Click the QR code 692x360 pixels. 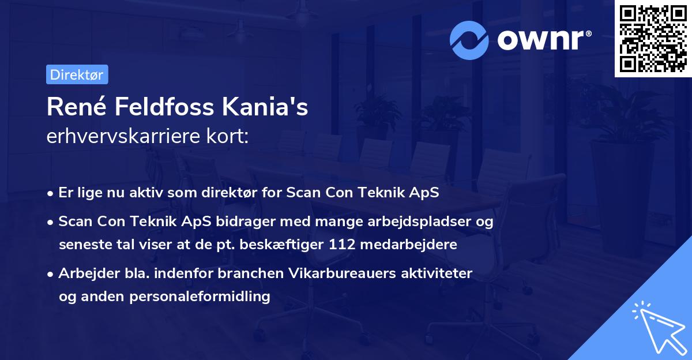pos(653,39)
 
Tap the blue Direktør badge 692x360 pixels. pos(77,74)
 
